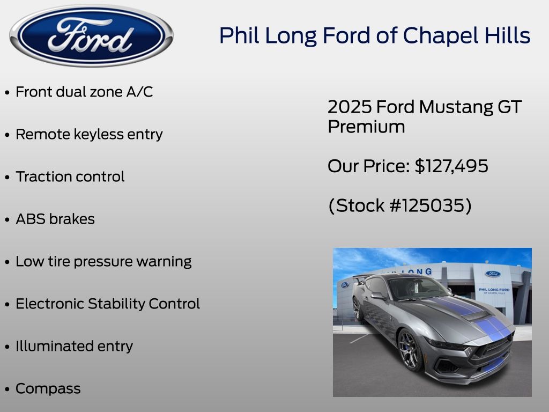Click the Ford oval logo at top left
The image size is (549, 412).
click(91, 35)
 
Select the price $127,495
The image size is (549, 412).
click(451, 166)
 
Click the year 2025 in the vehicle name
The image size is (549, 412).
click(350, 107)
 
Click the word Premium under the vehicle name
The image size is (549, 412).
click(366, 127)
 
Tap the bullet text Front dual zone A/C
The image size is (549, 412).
click(84, 92)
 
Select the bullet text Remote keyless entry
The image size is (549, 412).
click(89, 134)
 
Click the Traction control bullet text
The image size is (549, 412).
click(70, 176)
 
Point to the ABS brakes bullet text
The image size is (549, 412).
click(55, 219)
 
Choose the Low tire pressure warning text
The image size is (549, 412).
click(103, 262)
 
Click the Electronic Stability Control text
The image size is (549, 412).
click(107, 304)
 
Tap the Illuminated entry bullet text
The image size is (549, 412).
click(74, 346)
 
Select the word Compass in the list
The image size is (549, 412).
click(48, 389)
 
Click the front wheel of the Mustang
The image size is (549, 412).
click(410, 350)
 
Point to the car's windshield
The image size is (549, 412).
click(417, 288)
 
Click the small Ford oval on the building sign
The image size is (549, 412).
click(493, 274)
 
